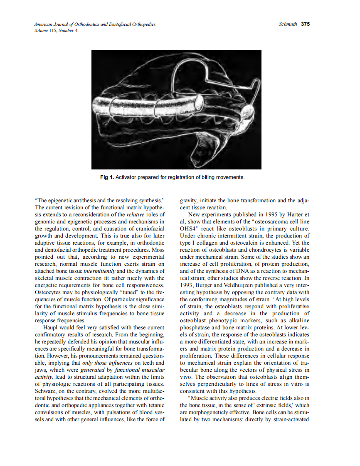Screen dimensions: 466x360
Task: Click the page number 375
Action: pos(306,24)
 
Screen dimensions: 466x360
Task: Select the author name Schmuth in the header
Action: pos(288,24)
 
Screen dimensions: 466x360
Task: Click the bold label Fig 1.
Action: pos(107,177)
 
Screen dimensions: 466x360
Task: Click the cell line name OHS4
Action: pos(189,228)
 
